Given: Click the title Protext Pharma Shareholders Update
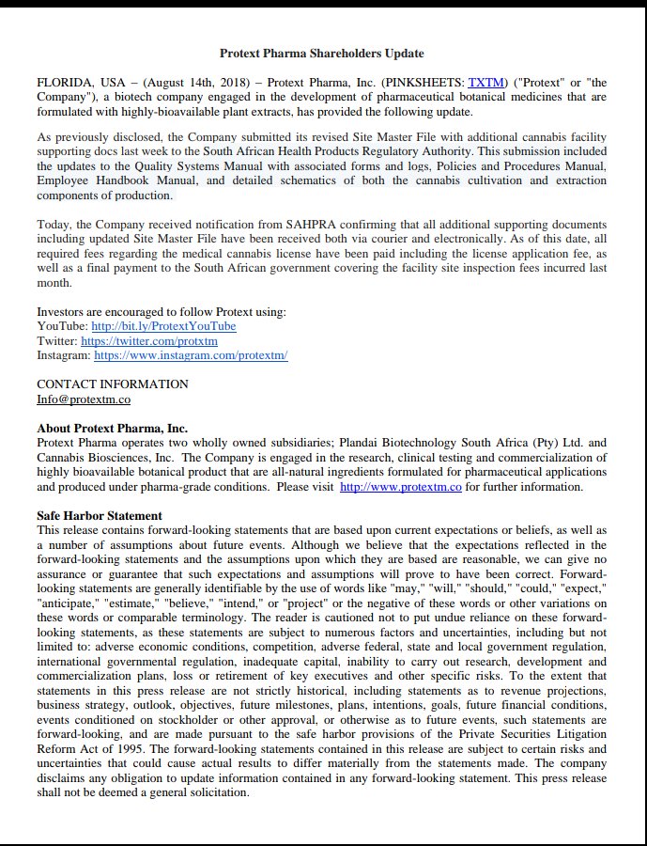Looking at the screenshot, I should pyautogui.click(x=322, y=54).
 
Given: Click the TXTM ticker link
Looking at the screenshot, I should pyautogui.click(x=485, y=83).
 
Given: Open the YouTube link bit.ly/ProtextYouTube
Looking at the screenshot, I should pyautogui.click(x=163, y=326).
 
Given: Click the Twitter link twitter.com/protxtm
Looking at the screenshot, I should pyautogui.click(x=148, y=340).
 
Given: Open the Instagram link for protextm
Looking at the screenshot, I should pyautogui.click(x=191, y=355).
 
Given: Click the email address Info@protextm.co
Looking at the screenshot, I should pyautogui.click(x=83, y=399).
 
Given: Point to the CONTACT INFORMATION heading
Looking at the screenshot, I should pyautogui.click(x=112, y=384).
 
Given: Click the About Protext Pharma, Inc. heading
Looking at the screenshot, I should pyautogui.click(x=112, y=429).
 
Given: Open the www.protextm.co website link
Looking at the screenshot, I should pyautogui.click(x=400, y=487).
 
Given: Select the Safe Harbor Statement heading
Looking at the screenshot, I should pyautogui.click(x=99, y=516).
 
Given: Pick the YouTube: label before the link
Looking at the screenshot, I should pyautogui.click(x=62, y=326).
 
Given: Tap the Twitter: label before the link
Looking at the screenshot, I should pyautogui.click(x=56, y=340).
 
